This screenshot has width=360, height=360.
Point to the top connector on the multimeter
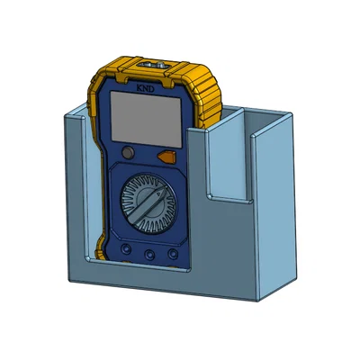pos(150,66)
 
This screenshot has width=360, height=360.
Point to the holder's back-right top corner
pos(291,115)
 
